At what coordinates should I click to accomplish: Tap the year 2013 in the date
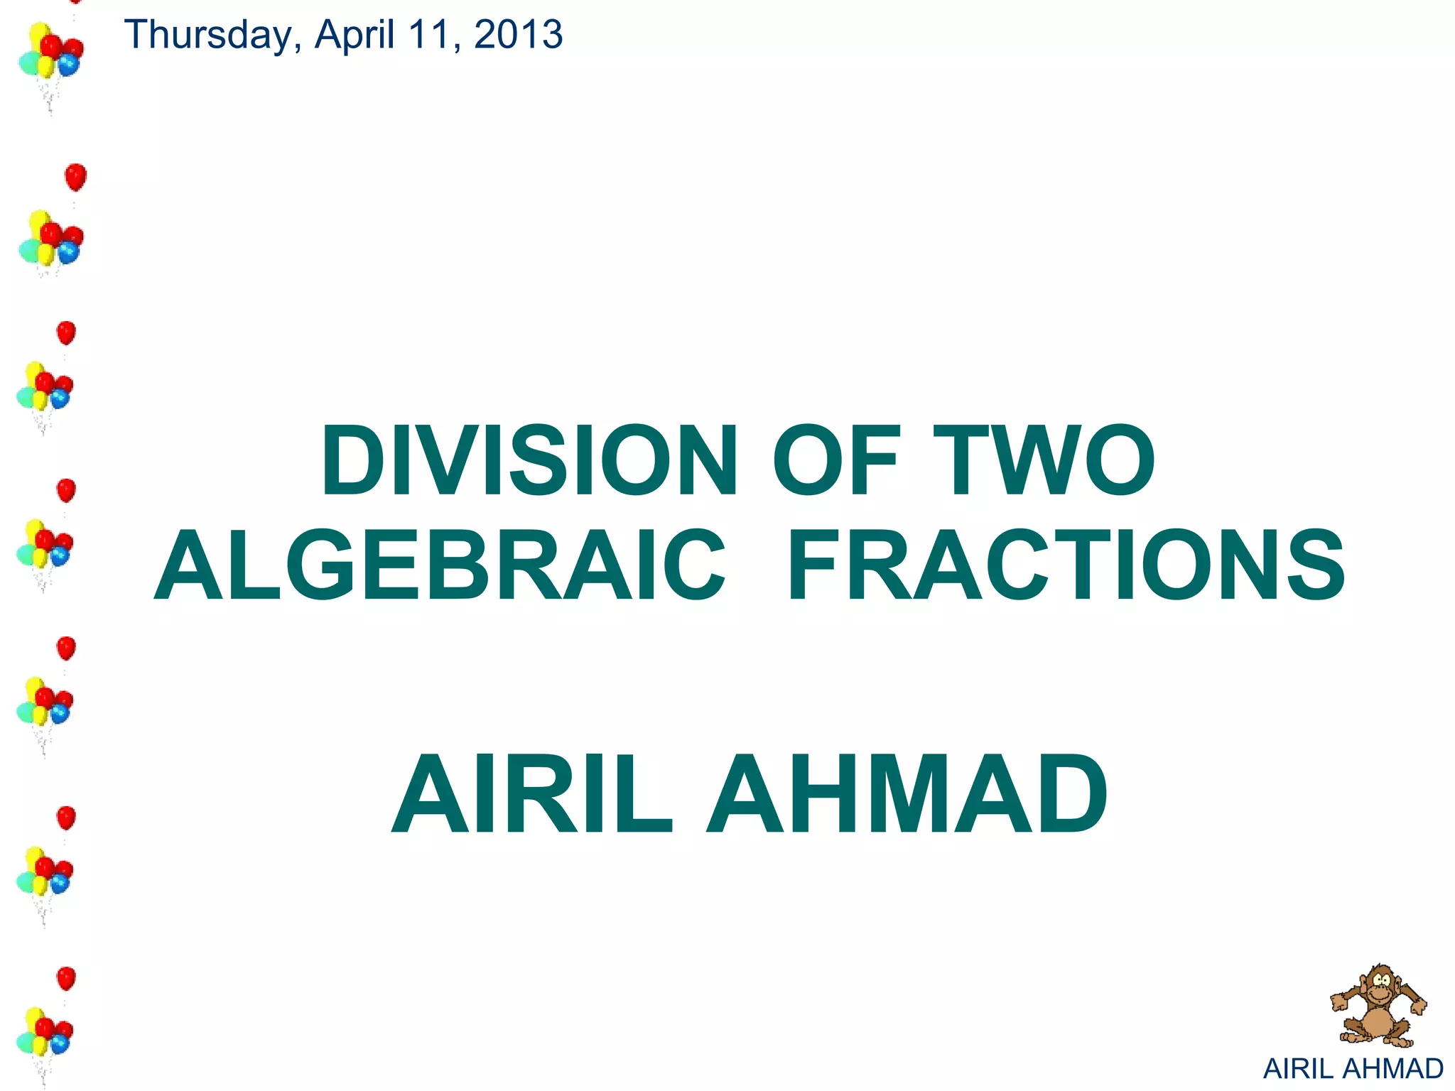pos(518,35)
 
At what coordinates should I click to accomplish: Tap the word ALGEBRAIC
pos(440,565)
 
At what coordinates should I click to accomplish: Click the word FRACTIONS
pos(1066,565)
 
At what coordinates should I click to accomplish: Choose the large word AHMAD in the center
pos(907,794)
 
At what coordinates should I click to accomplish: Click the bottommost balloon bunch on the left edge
pos(44,1033)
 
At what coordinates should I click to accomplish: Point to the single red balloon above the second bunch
pos(75,176)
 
